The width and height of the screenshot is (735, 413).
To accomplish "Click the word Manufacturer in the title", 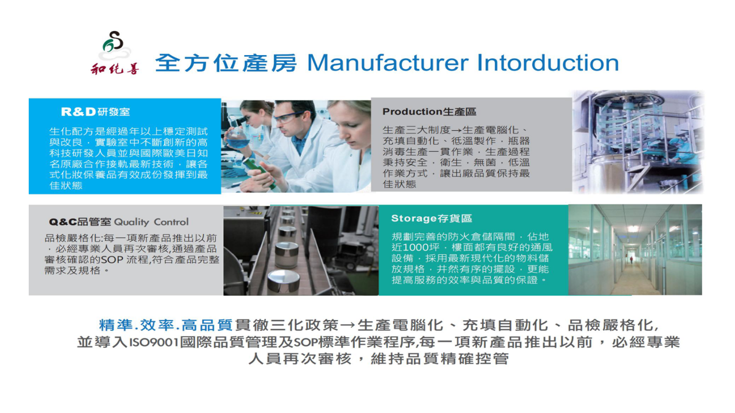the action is [x=388, y=63].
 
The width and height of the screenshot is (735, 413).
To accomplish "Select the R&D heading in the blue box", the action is [x=95, y=112].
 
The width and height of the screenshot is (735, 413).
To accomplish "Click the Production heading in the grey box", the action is [x=429, y=112].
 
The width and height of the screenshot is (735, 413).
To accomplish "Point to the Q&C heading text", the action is [x=80, y=222].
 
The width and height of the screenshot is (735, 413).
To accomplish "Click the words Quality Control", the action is [x=151, y=222].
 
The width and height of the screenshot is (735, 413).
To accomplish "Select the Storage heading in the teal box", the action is [x=431, y=219].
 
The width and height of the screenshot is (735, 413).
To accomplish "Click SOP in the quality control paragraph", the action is [x=112, y=260].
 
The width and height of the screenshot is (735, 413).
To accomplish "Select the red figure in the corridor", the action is [x=631, y=260].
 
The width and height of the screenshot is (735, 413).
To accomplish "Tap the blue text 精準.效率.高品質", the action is [x=166, y=325].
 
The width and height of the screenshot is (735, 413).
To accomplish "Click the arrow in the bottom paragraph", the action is [x=348, y=325].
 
